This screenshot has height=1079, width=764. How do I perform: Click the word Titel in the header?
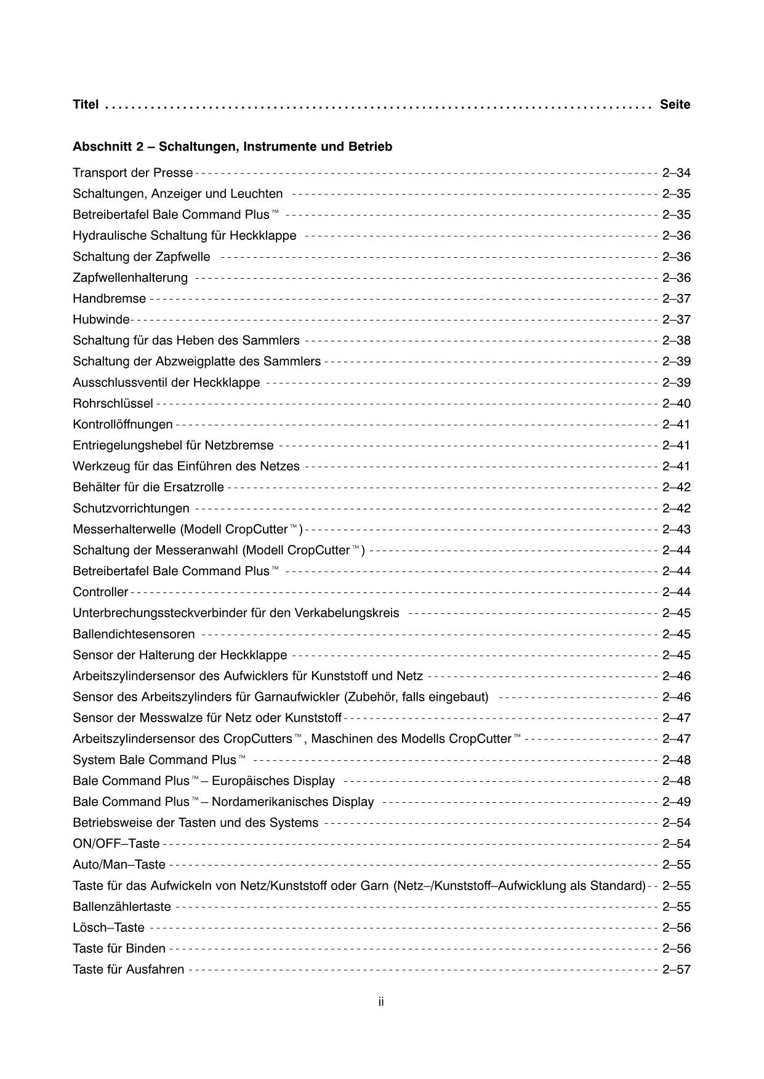[86, 105]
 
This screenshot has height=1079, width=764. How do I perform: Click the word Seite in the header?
[675, 105]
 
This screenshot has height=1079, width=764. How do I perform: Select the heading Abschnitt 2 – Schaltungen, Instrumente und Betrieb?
[232, 147]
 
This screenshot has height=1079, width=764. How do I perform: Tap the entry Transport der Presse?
[132, 173]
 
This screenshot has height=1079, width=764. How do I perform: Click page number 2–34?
[676, 173]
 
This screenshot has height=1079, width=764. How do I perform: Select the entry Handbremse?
[109, 299]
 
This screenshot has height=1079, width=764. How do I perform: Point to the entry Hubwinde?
[101, 320]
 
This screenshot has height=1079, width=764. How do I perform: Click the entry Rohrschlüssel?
[113, 404]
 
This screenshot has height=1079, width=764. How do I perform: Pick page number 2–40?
[676, 404]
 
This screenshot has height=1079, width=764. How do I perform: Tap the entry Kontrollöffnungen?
[123, 424]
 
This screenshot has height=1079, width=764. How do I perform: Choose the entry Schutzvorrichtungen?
[131, 509]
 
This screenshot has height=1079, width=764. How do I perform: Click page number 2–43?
[676, 530]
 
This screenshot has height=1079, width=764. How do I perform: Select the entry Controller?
[100, 592]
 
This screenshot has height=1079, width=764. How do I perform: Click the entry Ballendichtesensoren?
[134, 634]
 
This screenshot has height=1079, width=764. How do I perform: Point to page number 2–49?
[676, 802]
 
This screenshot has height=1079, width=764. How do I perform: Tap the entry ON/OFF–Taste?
[116, 844]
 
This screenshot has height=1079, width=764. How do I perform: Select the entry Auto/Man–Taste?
[119, 865]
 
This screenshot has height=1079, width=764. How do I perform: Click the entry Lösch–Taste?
[108, 928]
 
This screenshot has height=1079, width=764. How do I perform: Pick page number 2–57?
[676, 970]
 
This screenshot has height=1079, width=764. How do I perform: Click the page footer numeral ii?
[382, 1002]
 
